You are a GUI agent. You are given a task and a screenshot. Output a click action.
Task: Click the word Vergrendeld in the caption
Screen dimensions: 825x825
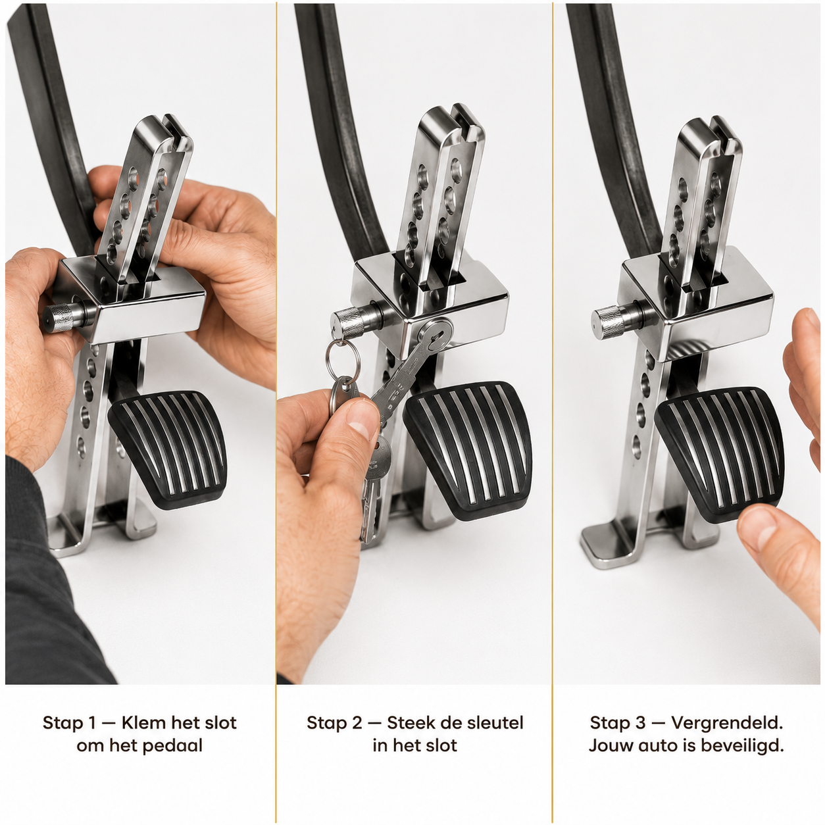coord(726,722)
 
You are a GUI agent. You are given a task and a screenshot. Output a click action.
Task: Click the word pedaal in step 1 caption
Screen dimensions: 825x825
coord(172,746)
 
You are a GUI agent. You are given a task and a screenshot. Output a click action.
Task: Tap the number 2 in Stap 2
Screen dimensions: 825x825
coord(357,722)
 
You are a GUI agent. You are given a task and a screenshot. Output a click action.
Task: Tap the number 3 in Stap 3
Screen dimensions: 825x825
coord(639,722)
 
